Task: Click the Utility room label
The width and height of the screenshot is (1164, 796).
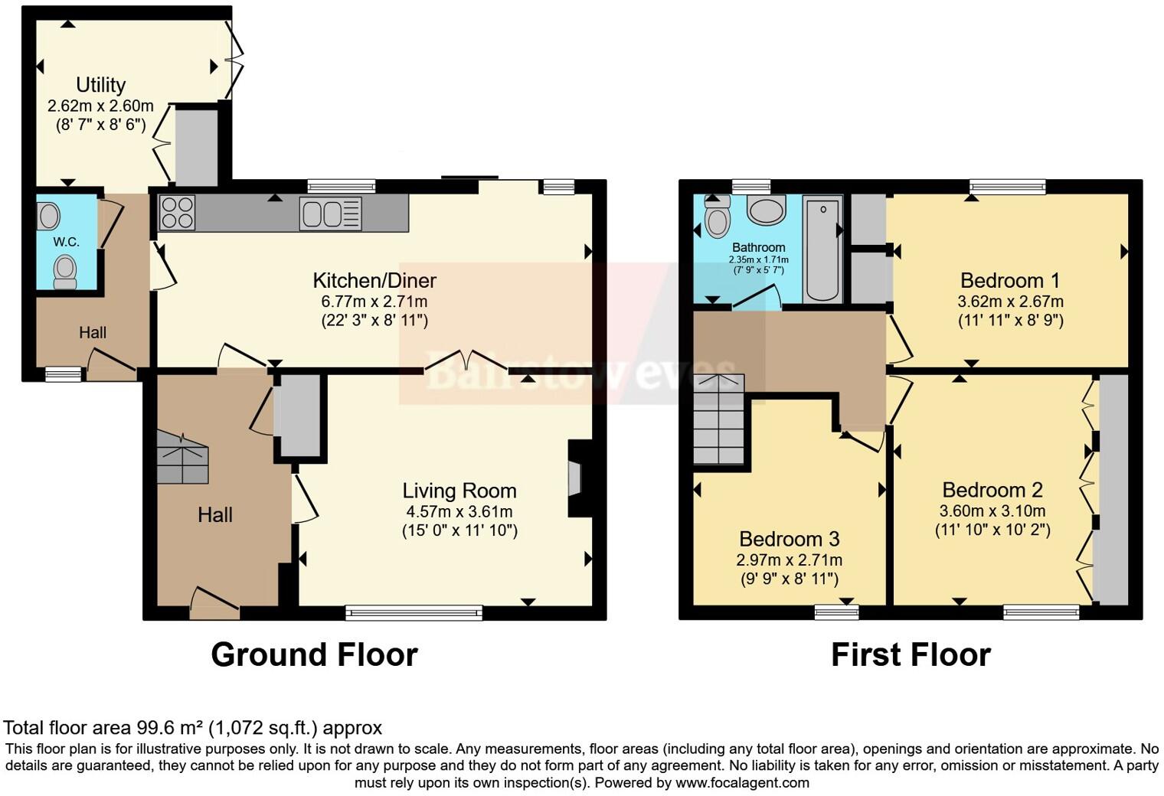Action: click(101, 85)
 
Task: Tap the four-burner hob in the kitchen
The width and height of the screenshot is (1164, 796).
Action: click(177, 212)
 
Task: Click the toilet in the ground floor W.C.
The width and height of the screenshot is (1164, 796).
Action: click(66, 272)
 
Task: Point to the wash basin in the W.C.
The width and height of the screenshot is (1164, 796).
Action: click(49, 216)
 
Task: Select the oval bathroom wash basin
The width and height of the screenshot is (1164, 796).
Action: click(767, 210)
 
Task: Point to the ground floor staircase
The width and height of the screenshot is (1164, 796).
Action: click(182, 457)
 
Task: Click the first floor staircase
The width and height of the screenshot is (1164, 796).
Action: click(719, 419)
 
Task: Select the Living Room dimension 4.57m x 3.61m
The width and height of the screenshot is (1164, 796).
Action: click(459, 511)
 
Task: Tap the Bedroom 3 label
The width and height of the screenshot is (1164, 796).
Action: click(790, 539)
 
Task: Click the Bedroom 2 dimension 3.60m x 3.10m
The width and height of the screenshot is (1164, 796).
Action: click(992, 511)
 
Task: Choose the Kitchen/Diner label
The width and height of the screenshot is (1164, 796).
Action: click(374, 280)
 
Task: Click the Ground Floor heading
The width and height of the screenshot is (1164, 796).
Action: click(315, 654)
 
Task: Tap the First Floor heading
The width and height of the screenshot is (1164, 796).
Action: click(911, 654)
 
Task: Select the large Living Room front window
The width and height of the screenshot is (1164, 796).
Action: click(414, 613)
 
